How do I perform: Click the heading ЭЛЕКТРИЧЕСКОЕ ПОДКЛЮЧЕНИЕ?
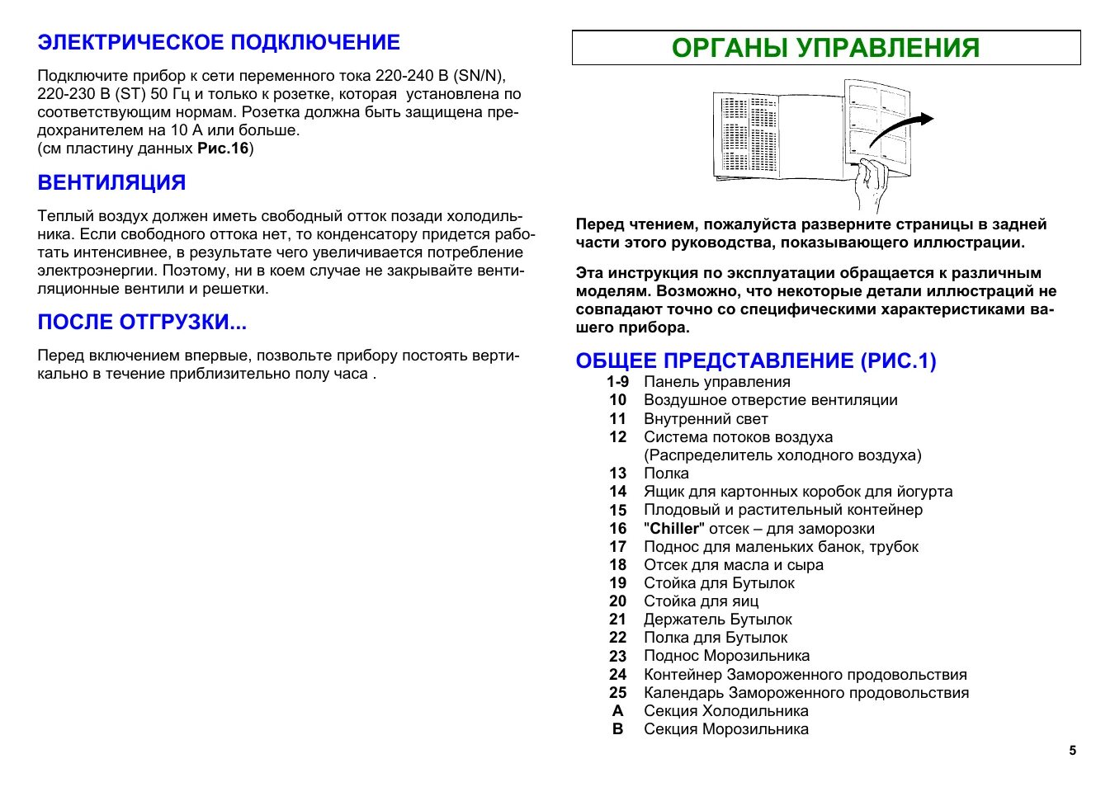tap(219, 43)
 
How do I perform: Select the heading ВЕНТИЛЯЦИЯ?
tap(111, 182)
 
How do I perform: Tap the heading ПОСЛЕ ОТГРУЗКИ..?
tap(142, 322)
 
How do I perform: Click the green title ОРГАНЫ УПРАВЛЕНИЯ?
tap(825, 48)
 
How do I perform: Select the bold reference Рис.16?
tap(223, 148)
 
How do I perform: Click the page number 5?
tap(1072, 751)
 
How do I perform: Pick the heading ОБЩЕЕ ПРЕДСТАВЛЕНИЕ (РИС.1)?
tap(755, 361)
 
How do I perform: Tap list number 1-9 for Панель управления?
tap(617, 382)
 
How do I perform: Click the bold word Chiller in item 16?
tap(674, 529)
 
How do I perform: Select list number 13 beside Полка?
tap(617, 474)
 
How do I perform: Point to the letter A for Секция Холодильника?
tap(617, 711)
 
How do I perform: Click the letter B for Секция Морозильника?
tap(617, 729)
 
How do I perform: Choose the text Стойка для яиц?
tap(701, 601)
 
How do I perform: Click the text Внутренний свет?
tap(706, 419)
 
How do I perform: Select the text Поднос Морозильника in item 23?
tap(726, 656)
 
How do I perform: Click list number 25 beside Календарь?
tap(617, 693)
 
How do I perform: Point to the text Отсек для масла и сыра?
tap(733, 565)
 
